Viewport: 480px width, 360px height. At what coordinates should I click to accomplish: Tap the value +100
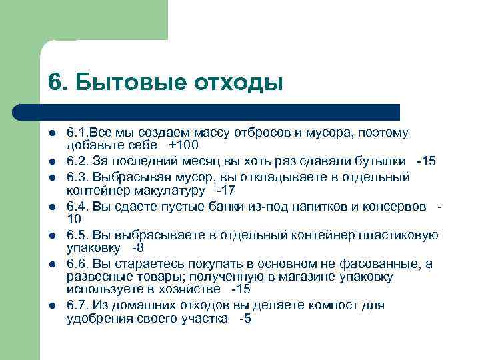[x=184, y=145]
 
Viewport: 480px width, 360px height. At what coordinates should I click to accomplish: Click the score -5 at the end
[x=245, y=319]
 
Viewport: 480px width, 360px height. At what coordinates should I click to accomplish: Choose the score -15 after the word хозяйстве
[x=242, y=289]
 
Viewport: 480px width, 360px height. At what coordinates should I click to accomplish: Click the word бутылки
[x=385, y=162]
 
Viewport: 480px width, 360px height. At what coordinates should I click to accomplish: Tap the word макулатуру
[x=173, y=191]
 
